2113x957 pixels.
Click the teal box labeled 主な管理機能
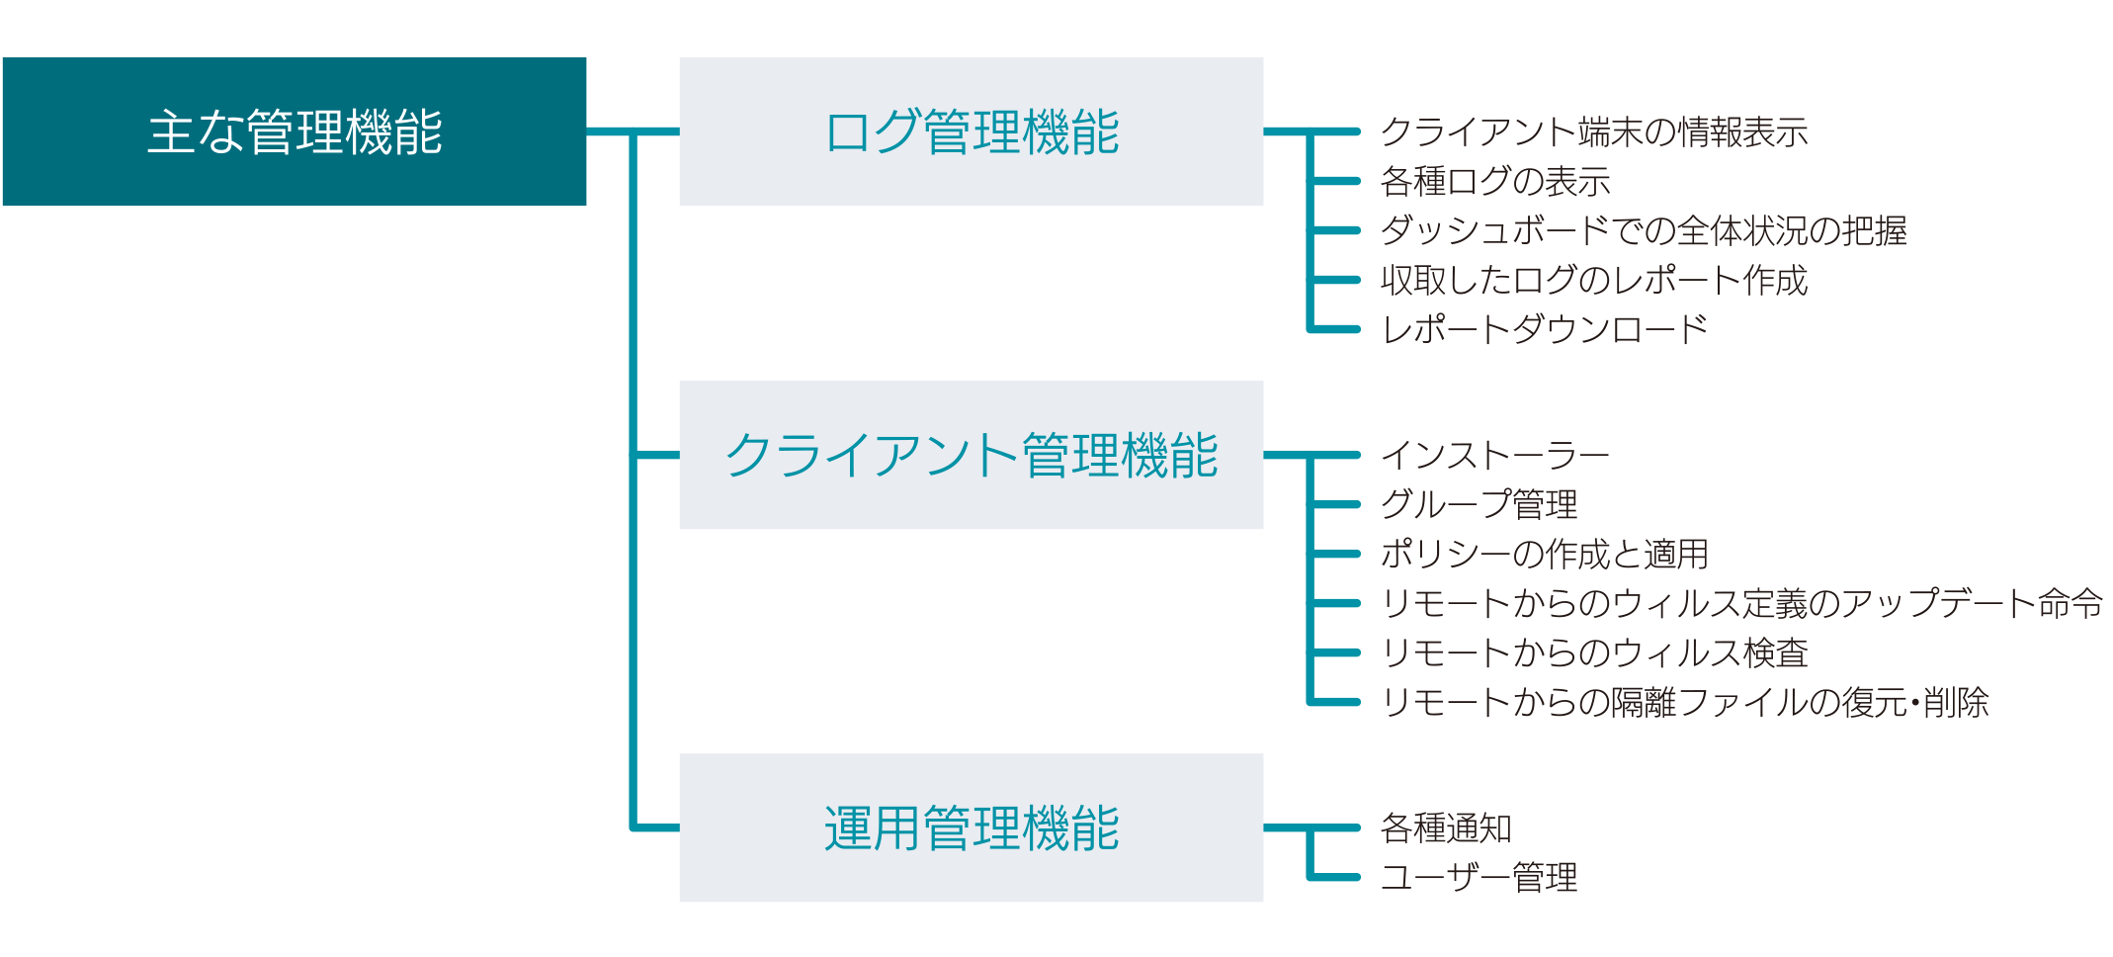click(x=294, y=131)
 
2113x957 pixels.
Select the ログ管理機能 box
click(x=971, y=131)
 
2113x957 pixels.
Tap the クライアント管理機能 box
click(x=971, y=455)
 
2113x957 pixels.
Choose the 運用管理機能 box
click(x=971, y=827)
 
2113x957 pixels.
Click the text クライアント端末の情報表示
click(x=1593, y=131)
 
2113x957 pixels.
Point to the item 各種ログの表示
click(x=1494, y=181)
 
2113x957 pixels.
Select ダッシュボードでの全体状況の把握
click(x=1643, y=230)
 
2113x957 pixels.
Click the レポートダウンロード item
click(x=1544, y=329)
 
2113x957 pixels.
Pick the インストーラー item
click(x=1494, y=455)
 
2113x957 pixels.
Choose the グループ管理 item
click(x=1479, y=504)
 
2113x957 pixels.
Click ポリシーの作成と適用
click(x=1544, y=554)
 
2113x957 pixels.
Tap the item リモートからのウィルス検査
click(x=1593, y=652)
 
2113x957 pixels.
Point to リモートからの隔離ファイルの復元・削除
click(x=1684, y=702)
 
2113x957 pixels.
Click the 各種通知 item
click(x=1445, y=827)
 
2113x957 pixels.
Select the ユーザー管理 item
click(x=1479, y=877)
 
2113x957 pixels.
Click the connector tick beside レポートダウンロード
click(x=1336, y=329)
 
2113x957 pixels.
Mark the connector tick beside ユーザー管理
click(x=1336, y=877)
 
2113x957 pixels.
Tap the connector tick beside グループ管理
click(x=1336, y=504)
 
